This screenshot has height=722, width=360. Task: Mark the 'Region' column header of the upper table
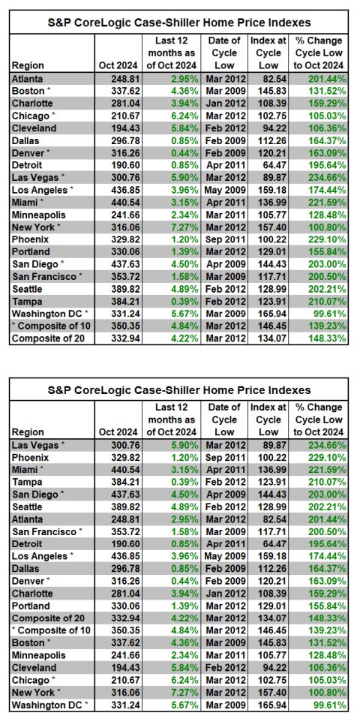pos(28,65)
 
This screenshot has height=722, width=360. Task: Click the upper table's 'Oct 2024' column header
pos(118,65)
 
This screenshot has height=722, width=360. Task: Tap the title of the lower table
pos(179,390)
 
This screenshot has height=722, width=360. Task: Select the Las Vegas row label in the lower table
pos(36,445)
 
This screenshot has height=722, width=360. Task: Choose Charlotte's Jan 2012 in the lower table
pos(226,594)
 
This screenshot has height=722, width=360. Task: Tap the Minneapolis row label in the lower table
pos(39,655)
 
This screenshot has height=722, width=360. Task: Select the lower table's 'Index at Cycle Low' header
pos(268,420)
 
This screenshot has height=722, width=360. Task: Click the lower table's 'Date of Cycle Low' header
pos(225,420)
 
